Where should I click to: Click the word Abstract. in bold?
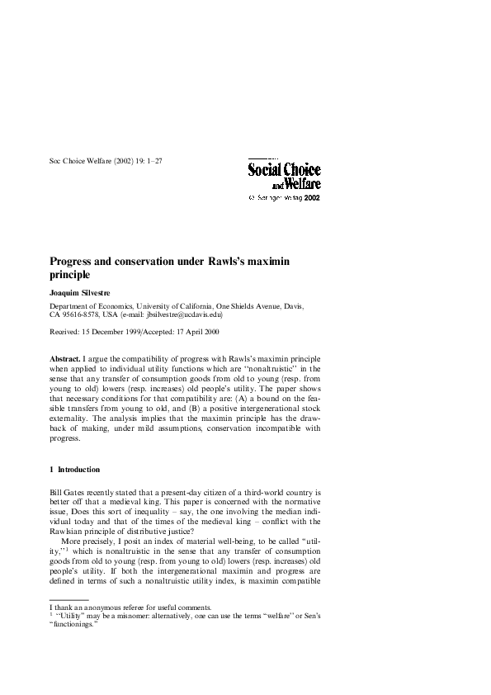(65, 361)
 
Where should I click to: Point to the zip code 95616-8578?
(92, 314)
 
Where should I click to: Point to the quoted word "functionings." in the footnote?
(70, 624)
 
